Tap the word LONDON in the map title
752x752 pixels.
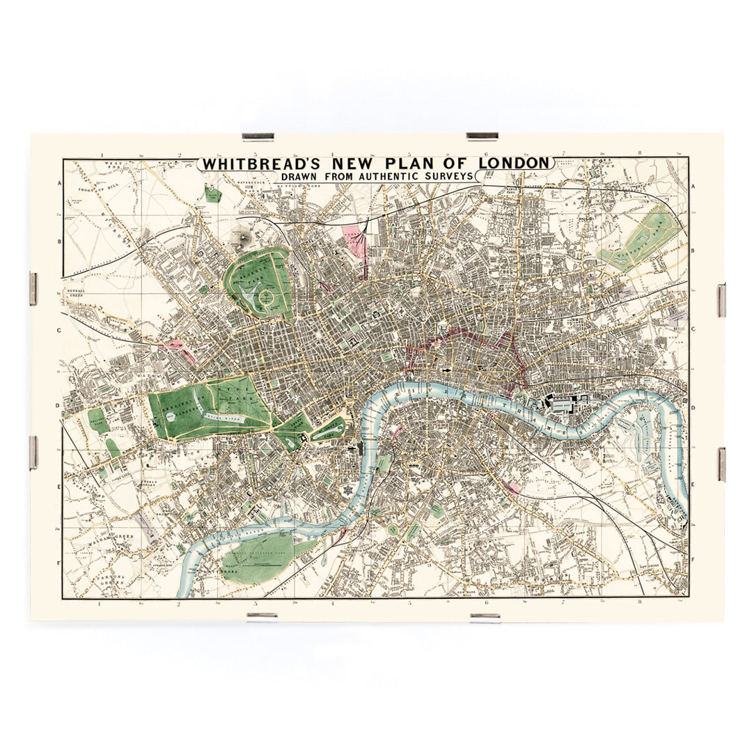[515, 163]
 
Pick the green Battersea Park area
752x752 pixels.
[261, 554]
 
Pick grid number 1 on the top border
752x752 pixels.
[102, 155]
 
